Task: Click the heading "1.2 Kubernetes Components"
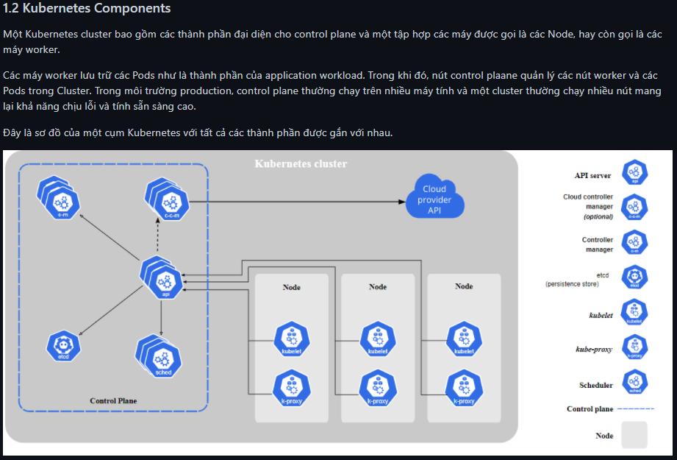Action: tap(87, 9)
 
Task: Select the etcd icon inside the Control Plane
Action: tap(63, 347)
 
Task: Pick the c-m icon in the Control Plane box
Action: tap(64, 199)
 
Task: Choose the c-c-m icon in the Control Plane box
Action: tap(171, 199)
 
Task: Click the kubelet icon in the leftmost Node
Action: tap(292, 339)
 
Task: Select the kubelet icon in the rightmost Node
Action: tap(464, 339)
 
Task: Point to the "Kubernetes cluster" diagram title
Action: tap(301, 163)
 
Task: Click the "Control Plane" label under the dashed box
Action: tap(113, 400)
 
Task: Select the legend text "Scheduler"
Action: tap(595, 385)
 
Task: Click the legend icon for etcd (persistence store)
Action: tap(634, 277)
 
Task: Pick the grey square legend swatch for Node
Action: tap(634, 435)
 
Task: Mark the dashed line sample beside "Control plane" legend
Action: tap(636, 408)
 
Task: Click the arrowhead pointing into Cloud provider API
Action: tap(403, 200)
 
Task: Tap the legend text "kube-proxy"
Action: tap(594, 350)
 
